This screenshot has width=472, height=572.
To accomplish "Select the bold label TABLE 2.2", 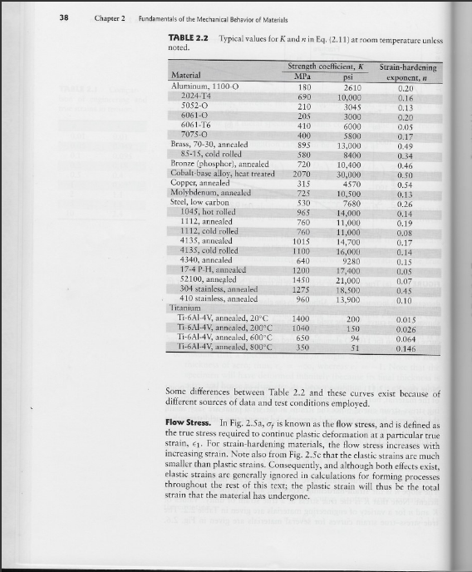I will click(188, 39).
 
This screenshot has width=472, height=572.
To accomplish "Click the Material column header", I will click(189, 76).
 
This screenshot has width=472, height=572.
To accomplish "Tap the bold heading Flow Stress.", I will click(192, 424).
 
